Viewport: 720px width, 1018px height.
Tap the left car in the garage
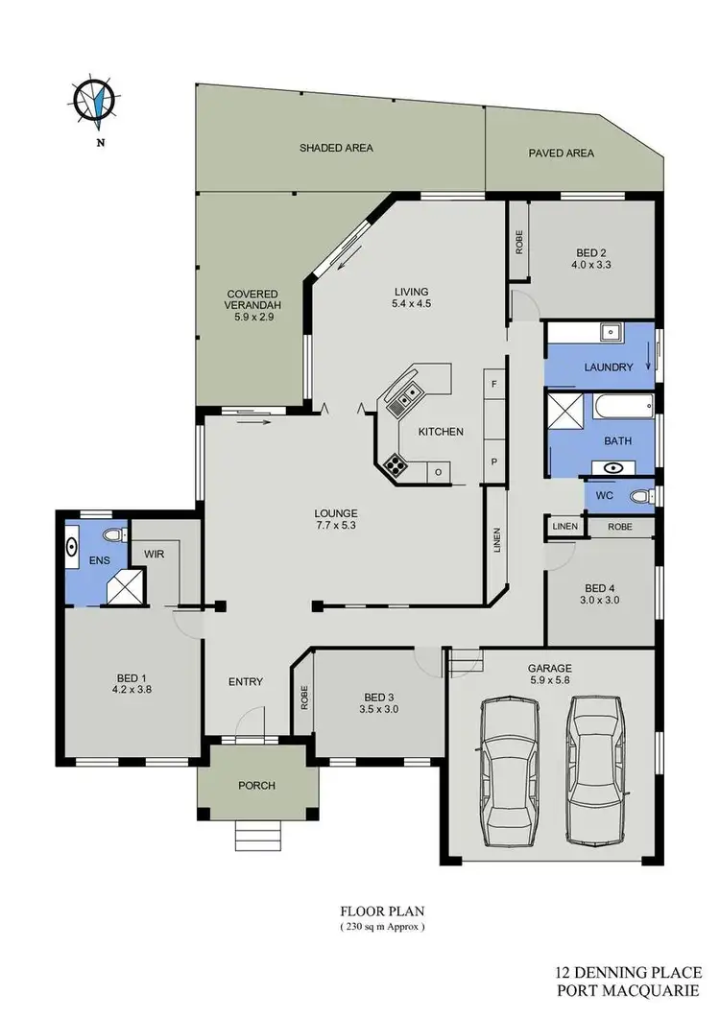point(507,769)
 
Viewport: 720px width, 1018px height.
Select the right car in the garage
point(595,767)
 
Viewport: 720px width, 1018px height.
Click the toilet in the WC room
point(640,495)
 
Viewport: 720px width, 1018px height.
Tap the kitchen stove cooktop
point(395,466)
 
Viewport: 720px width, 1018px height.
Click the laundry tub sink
point(611,334)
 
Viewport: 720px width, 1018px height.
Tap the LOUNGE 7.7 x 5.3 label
point(334,519)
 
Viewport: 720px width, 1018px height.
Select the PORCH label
point(256,785)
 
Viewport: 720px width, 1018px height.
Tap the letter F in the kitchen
point(493,384)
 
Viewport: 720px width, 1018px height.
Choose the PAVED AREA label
point(562,153)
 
